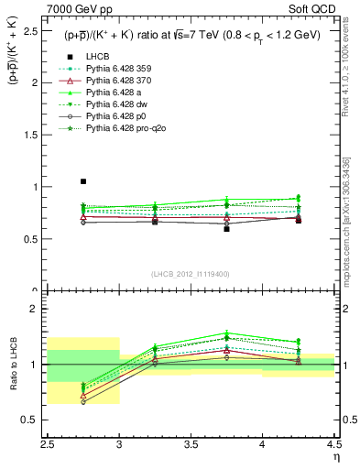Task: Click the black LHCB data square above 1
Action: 83,181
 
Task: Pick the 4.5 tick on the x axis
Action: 333,444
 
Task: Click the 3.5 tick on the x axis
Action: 191,444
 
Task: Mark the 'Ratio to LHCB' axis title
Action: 14,366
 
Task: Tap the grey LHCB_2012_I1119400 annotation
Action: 191,273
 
